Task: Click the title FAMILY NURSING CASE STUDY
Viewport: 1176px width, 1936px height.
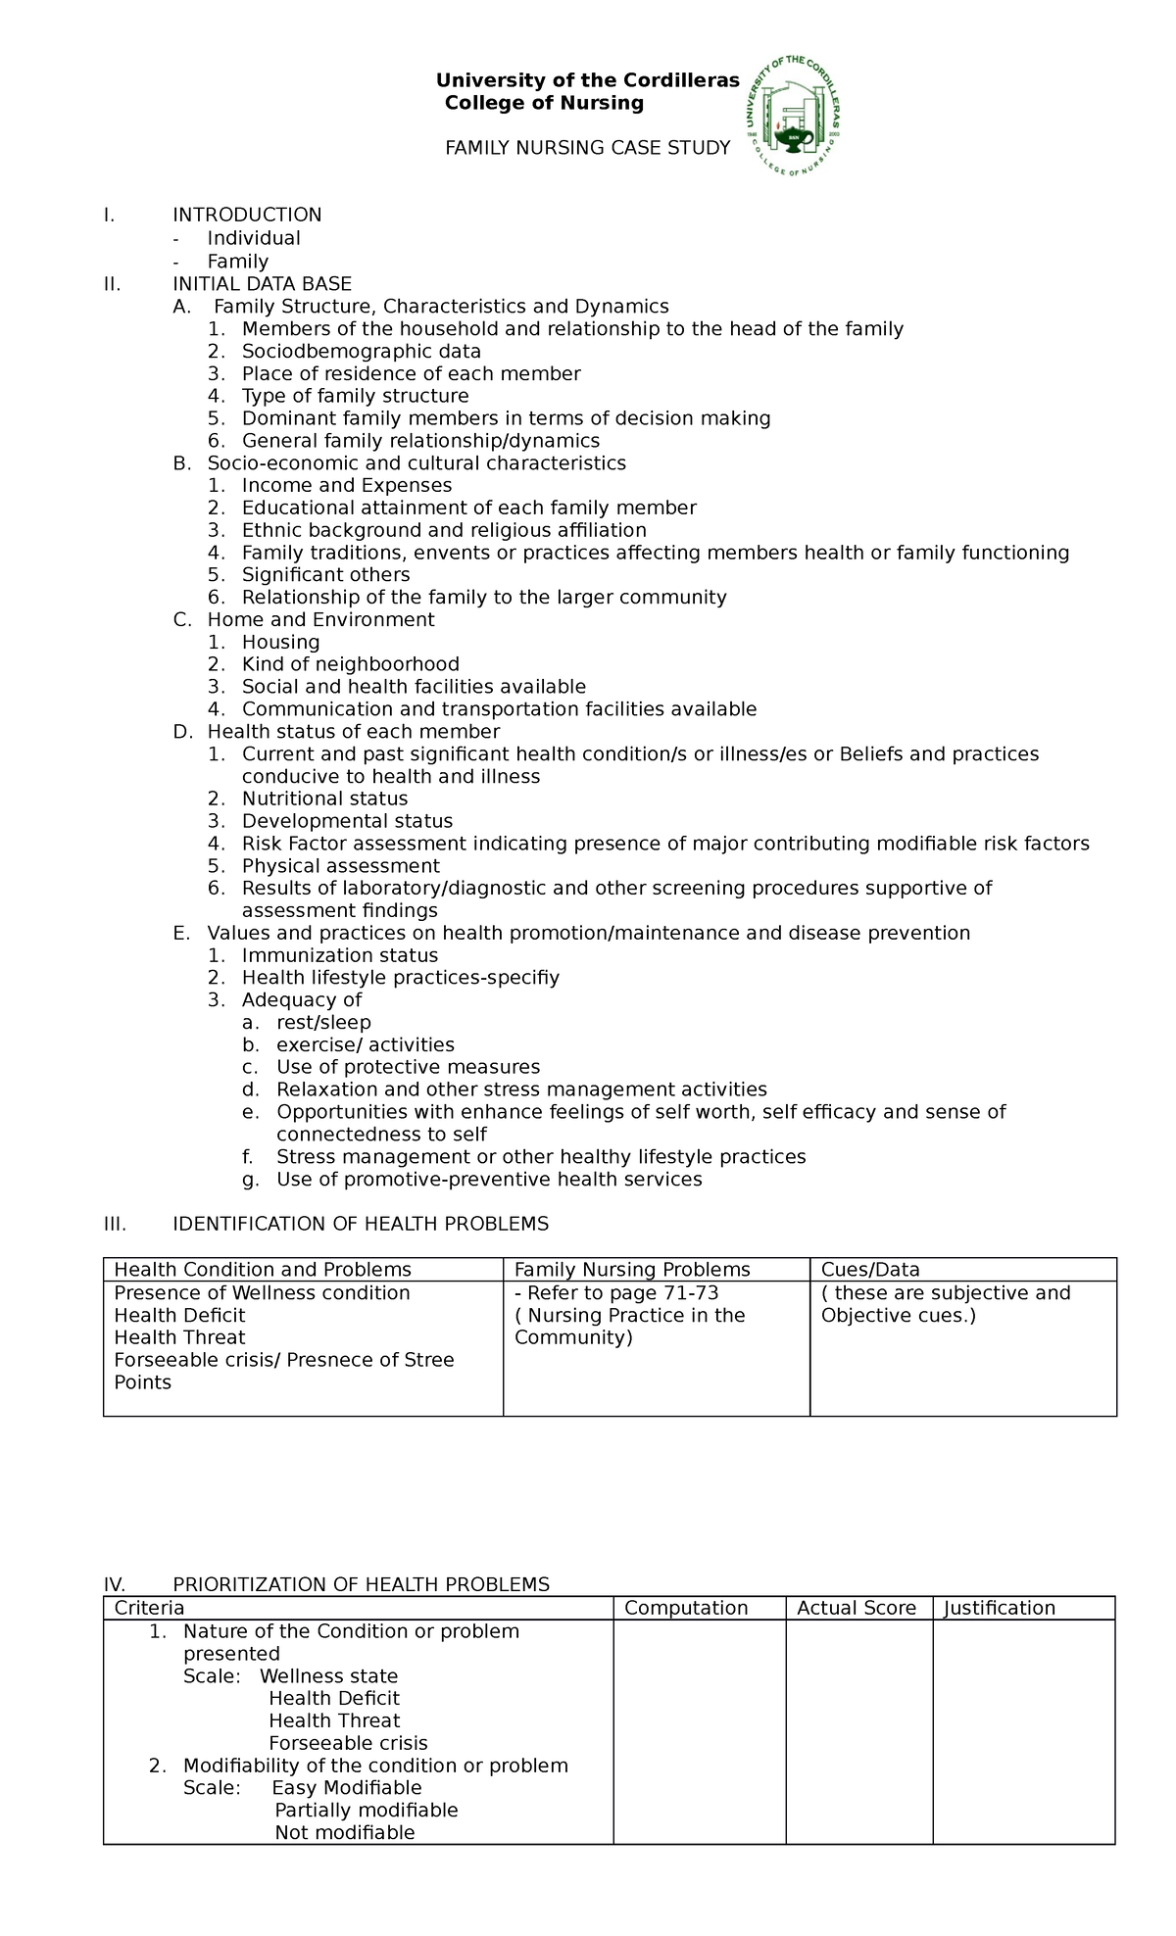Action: pos(587,148)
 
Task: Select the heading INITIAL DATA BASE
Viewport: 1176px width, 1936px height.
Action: pos(262,284)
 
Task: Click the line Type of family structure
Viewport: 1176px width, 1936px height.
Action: pos(355,396)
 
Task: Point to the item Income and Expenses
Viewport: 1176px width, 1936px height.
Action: pos(347,486)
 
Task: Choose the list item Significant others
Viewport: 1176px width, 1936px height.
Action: pos(325,575)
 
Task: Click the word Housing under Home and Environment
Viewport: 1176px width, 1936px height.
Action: pos(280,643)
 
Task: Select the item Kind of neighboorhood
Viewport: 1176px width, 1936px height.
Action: pos(350,665)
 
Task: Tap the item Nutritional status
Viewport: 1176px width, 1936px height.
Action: pos(324,799)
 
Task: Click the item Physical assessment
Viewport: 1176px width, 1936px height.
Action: pos(340,866)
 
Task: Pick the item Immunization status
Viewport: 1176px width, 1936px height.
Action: pos(339,955)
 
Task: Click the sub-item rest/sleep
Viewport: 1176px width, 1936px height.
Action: pos(323,1023)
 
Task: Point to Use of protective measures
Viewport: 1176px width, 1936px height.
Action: pos(408,1067)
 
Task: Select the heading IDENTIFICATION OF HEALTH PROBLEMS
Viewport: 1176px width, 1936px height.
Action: pos(360,1224)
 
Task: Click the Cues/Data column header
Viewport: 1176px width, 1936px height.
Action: pos(870,1270)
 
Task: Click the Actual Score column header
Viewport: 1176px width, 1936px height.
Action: pos(856,1608)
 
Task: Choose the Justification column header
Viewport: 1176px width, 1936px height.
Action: pos(999,1608)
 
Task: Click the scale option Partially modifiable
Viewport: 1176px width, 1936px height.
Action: pos(366,1811)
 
